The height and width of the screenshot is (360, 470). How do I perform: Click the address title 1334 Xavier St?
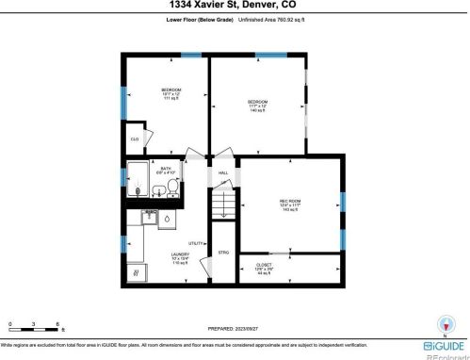click(x=235, y=7)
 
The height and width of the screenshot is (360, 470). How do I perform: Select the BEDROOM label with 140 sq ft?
click(x=257, y=106)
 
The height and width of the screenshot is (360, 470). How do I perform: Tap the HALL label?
click(x=224, y=173)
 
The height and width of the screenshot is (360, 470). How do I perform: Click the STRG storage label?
click(x=224, y=253)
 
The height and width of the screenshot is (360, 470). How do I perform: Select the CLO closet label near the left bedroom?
click(x=135, y=139)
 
